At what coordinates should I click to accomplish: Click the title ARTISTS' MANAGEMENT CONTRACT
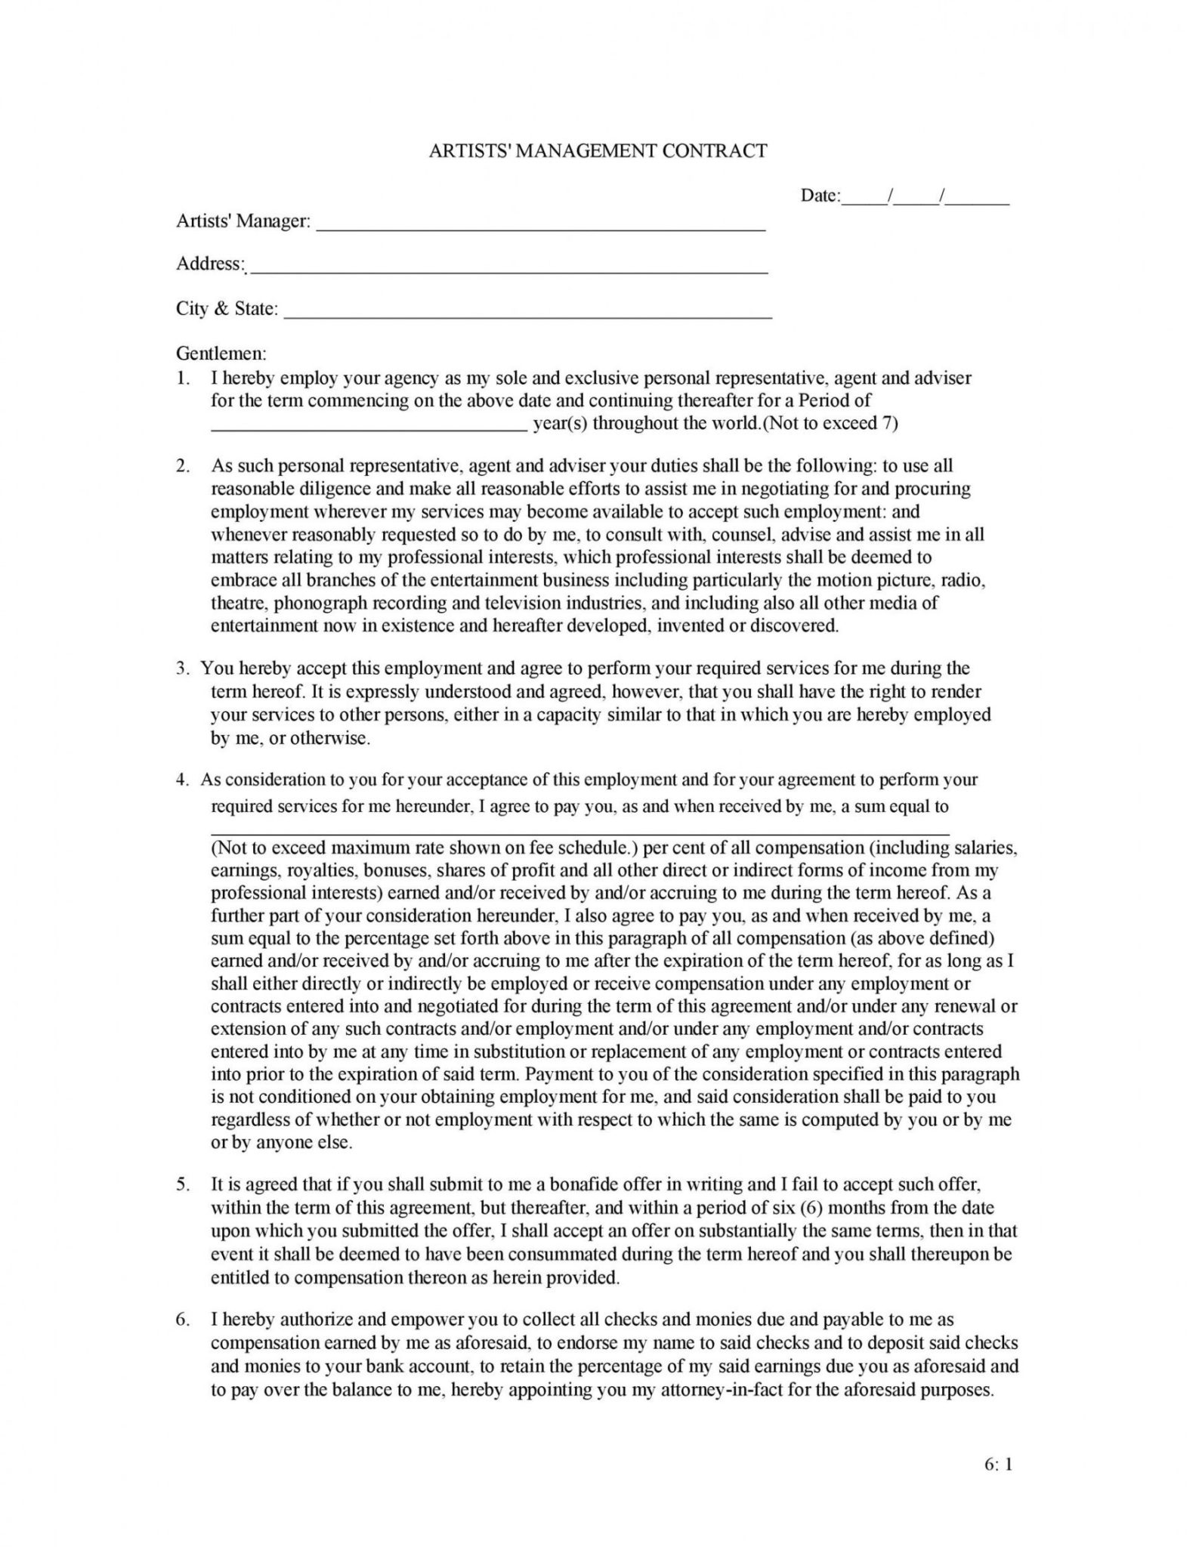(598, 151)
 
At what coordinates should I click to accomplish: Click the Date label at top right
(820, 196)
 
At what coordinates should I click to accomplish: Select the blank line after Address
(508, 270)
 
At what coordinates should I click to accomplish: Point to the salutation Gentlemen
(221, 353)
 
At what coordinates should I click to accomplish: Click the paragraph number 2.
(183, 466)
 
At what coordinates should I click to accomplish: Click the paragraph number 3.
(183, 669)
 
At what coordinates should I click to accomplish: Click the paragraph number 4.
(183, 780)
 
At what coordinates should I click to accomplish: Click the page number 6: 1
(999, 1465)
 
